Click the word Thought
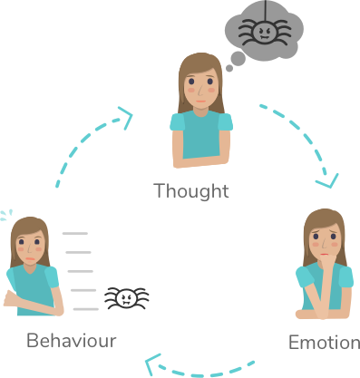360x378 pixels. point(191,191)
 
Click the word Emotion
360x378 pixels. point(324,343)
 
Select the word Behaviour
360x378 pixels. point(72,341)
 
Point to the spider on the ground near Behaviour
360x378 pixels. point(126,298)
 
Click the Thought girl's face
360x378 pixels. point(199,88)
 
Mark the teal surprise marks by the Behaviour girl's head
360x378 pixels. point(6,217)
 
